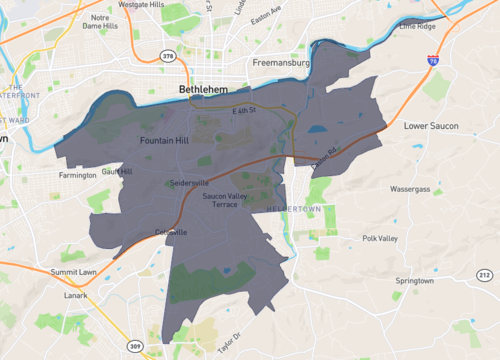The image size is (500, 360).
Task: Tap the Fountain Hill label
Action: point(164,140)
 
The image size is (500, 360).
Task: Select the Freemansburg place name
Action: point(283,63)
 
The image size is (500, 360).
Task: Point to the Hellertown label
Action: point(292,208)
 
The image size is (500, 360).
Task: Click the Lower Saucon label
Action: point(429,127)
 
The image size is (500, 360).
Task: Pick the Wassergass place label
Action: point(410,188)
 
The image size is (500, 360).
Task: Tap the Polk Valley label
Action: point(380,239)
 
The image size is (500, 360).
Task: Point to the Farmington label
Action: point(78,175)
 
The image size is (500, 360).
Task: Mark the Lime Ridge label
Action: point(418,26)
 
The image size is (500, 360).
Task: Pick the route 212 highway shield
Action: point(483,274)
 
